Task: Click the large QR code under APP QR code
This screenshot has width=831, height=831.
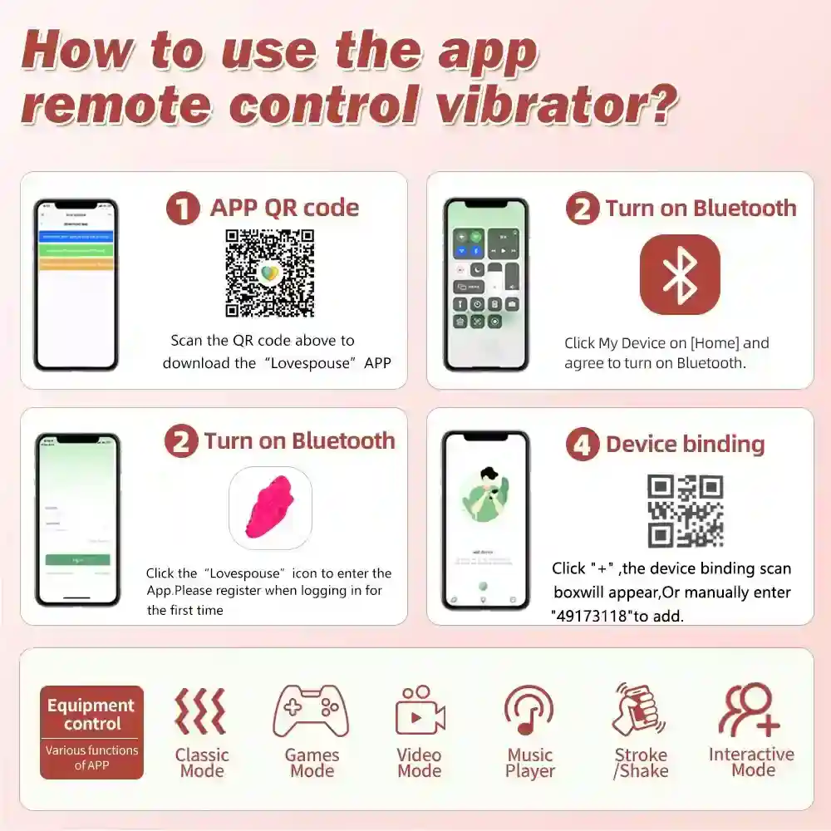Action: pos(270,273)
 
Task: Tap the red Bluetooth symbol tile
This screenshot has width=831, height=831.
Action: pos(680,275)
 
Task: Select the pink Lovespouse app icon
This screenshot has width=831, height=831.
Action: pos(270,508)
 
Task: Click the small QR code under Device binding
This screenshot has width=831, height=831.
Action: pos(686,510)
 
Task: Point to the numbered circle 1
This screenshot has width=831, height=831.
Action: pos(182,208)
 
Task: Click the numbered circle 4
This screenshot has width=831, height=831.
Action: pos(583,444)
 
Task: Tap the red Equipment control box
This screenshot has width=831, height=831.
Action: pos(91,732)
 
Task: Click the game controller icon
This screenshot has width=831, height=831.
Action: pos(312,711)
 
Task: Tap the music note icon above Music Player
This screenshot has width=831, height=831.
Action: pos(529,711)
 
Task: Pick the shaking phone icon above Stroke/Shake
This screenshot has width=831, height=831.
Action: pos(638,711)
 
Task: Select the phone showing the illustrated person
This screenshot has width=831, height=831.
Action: pos(485,519)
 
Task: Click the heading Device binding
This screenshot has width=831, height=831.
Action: pos(685,444)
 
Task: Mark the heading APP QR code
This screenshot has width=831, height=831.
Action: pos(284,208)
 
